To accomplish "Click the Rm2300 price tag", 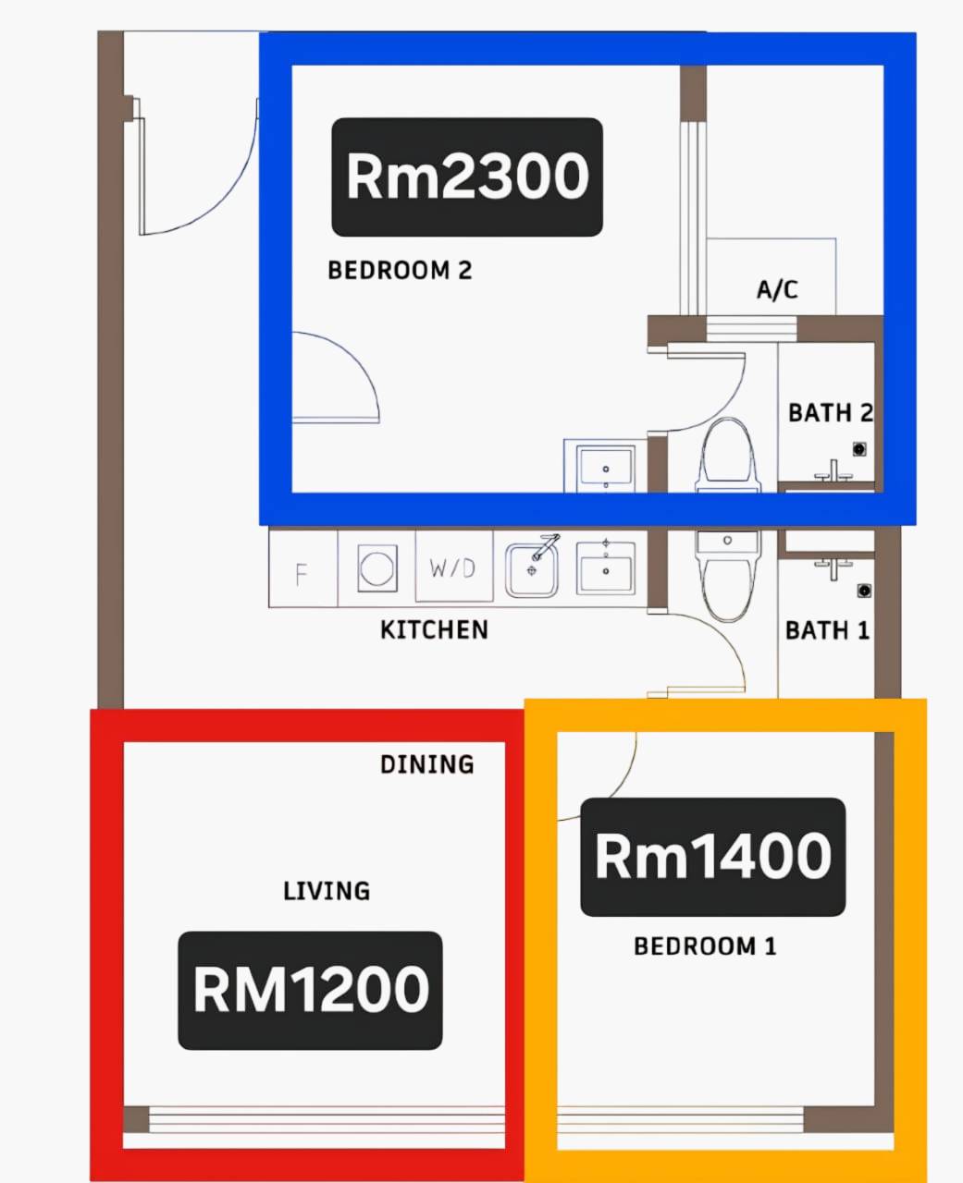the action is click(x=467, y=177).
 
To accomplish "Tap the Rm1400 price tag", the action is click(x=713, y=857).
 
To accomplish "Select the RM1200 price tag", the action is click(x=310, y=990).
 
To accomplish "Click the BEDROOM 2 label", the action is click(x=400, y=271).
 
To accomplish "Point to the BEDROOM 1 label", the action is click(x=705, y=946).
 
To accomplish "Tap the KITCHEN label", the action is click(x=434, y=629).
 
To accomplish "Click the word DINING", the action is click(x=427, y=764).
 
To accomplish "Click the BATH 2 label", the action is click(x=830, y=412).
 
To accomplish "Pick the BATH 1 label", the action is click(x=827, y=630).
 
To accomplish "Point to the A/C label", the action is click(x=777, y=289).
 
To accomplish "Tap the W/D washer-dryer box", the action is click(x=453, y=566).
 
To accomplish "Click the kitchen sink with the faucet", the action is click(x=532, y=567).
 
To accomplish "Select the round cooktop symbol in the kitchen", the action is click(x=377, y=568).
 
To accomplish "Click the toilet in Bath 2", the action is click(x=727, y=456).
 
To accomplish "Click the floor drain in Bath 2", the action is click(x=859, y=449).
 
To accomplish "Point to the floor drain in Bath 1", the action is click(x=863, y=591).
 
